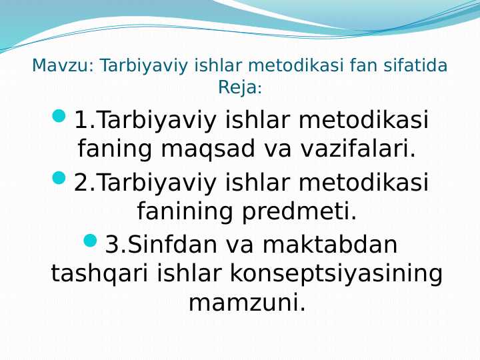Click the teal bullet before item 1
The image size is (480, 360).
(x=59, y=117)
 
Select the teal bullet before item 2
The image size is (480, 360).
(x=59, y=178)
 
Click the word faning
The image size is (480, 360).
(x=115, y=149)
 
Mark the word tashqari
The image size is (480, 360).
(x=100, y=274)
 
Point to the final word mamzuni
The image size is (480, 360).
(x=247, y=303)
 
